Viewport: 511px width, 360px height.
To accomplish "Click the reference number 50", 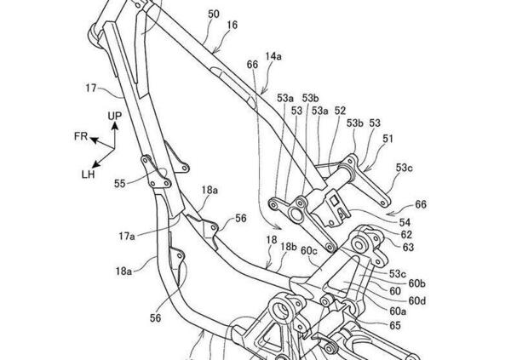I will pos(213,14).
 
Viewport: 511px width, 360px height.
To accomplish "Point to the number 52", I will pos(340,111).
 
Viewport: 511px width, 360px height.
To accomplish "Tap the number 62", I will pos(407,234).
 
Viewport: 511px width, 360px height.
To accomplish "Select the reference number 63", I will pos(409,248).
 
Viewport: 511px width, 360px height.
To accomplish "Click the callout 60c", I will pos(308,251).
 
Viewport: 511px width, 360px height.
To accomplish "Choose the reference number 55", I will pos(120,183).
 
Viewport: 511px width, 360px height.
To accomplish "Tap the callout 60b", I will pos(416,283).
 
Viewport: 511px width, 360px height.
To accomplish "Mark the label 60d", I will pos(416,300).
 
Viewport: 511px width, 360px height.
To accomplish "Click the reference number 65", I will pos(395,325).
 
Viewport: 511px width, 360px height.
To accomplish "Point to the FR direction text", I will pos(79,136).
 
